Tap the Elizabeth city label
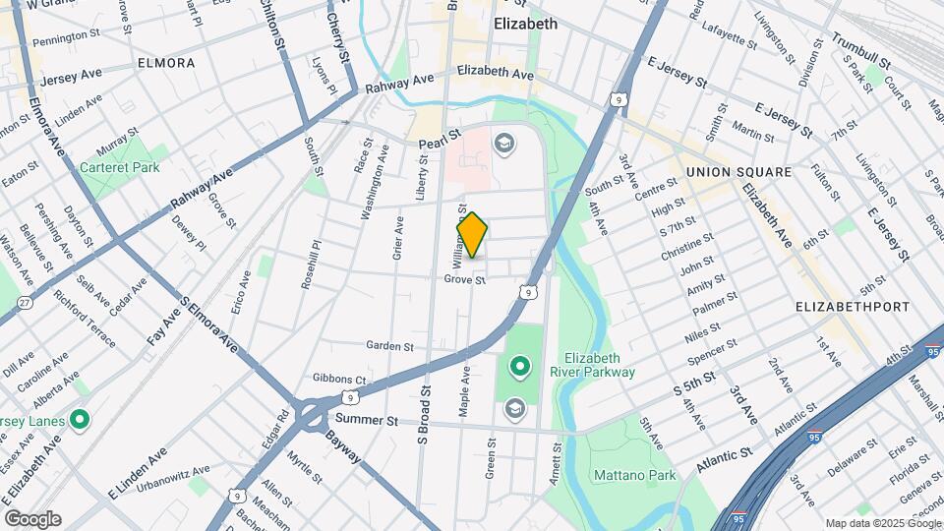[525, 24]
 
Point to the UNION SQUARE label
[738, 172]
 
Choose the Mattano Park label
[634, 476]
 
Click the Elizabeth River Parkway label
[599, 365]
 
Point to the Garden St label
[389, 345]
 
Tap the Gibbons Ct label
[339, 380]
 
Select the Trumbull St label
[860, 52]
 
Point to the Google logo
[32, 519]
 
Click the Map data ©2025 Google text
[882, 523]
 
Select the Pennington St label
[67, 41]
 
